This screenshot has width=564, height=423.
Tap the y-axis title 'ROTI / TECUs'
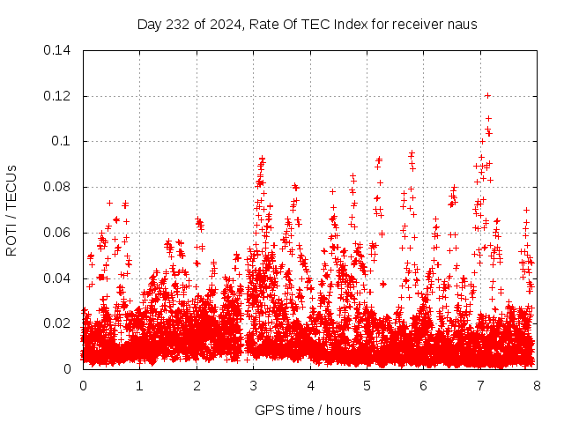point(11,210)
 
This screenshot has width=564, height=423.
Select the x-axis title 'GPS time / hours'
point(308,410)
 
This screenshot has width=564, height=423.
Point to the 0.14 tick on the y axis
point(59,49)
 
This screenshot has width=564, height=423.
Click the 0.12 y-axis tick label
point(59,95)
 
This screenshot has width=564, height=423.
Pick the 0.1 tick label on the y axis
point(63,141)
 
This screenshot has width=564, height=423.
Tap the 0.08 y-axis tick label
point(59,187)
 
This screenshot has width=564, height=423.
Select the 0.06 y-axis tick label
point(59,233)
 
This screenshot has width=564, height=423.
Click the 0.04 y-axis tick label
point(59,278)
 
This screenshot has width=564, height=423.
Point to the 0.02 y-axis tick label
point(59,323)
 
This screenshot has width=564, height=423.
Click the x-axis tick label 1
point(139,385)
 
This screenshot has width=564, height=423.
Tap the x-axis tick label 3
point(253,385)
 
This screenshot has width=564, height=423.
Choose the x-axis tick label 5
point(367,385)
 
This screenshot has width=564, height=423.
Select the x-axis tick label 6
point(423,385)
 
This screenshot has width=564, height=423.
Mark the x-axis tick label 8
point(537,385)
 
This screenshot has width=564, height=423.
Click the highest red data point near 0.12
point(487,95)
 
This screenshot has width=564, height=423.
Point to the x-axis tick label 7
point(480,385)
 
